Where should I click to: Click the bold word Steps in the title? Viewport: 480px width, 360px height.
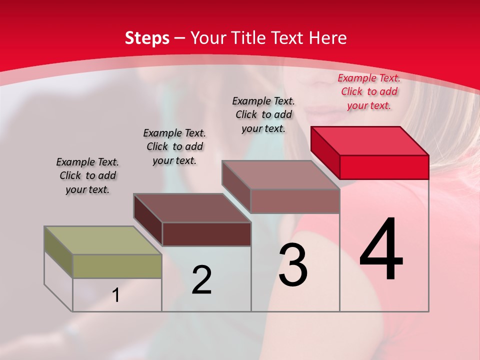click(147, 38)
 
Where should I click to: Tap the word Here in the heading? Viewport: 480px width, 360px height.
click(328, 38)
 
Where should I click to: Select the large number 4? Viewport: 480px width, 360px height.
click(381, 250)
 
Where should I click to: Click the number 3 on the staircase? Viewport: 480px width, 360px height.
click(293, 265)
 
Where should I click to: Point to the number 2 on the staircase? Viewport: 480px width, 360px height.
click(201, 280)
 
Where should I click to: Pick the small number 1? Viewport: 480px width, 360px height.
click(116, 295)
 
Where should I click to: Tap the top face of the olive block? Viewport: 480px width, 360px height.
click(103, 240)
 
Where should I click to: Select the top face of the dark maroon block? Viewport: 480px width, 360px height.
click(192, 207)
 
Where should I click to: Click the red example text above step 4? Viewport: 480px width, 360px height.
click(369, 91)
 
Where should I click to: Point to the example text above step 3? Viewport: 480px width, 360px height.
click(263, 114)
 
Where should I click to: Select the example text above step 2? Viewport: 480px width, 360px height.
click(174, 146)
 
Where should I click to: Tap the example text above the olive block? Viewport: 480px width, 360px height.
click(87, 175)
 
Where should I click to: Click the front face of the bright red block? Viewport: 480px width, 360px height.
click(384, 167)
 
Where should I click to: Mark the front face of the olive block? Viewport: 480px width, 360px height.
click(117, 266)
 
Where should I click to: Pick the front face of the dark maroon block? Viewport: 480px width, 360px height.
click(206, 234)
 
